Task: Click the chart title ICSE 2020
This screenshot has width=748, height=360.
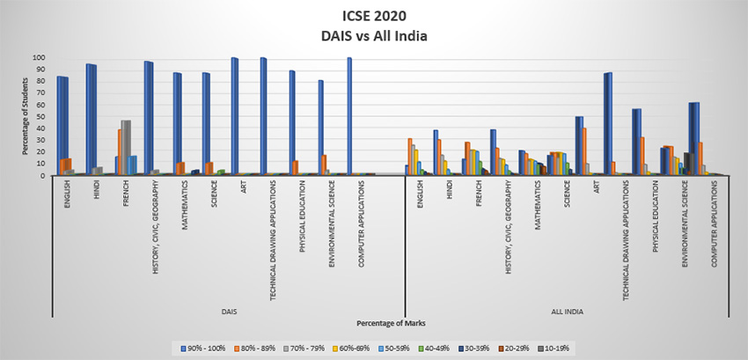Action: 373,16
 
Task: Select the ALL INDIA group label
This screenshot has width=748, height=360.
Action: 566,312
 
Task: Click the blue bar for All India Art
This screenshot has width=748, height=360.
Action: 607,124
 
